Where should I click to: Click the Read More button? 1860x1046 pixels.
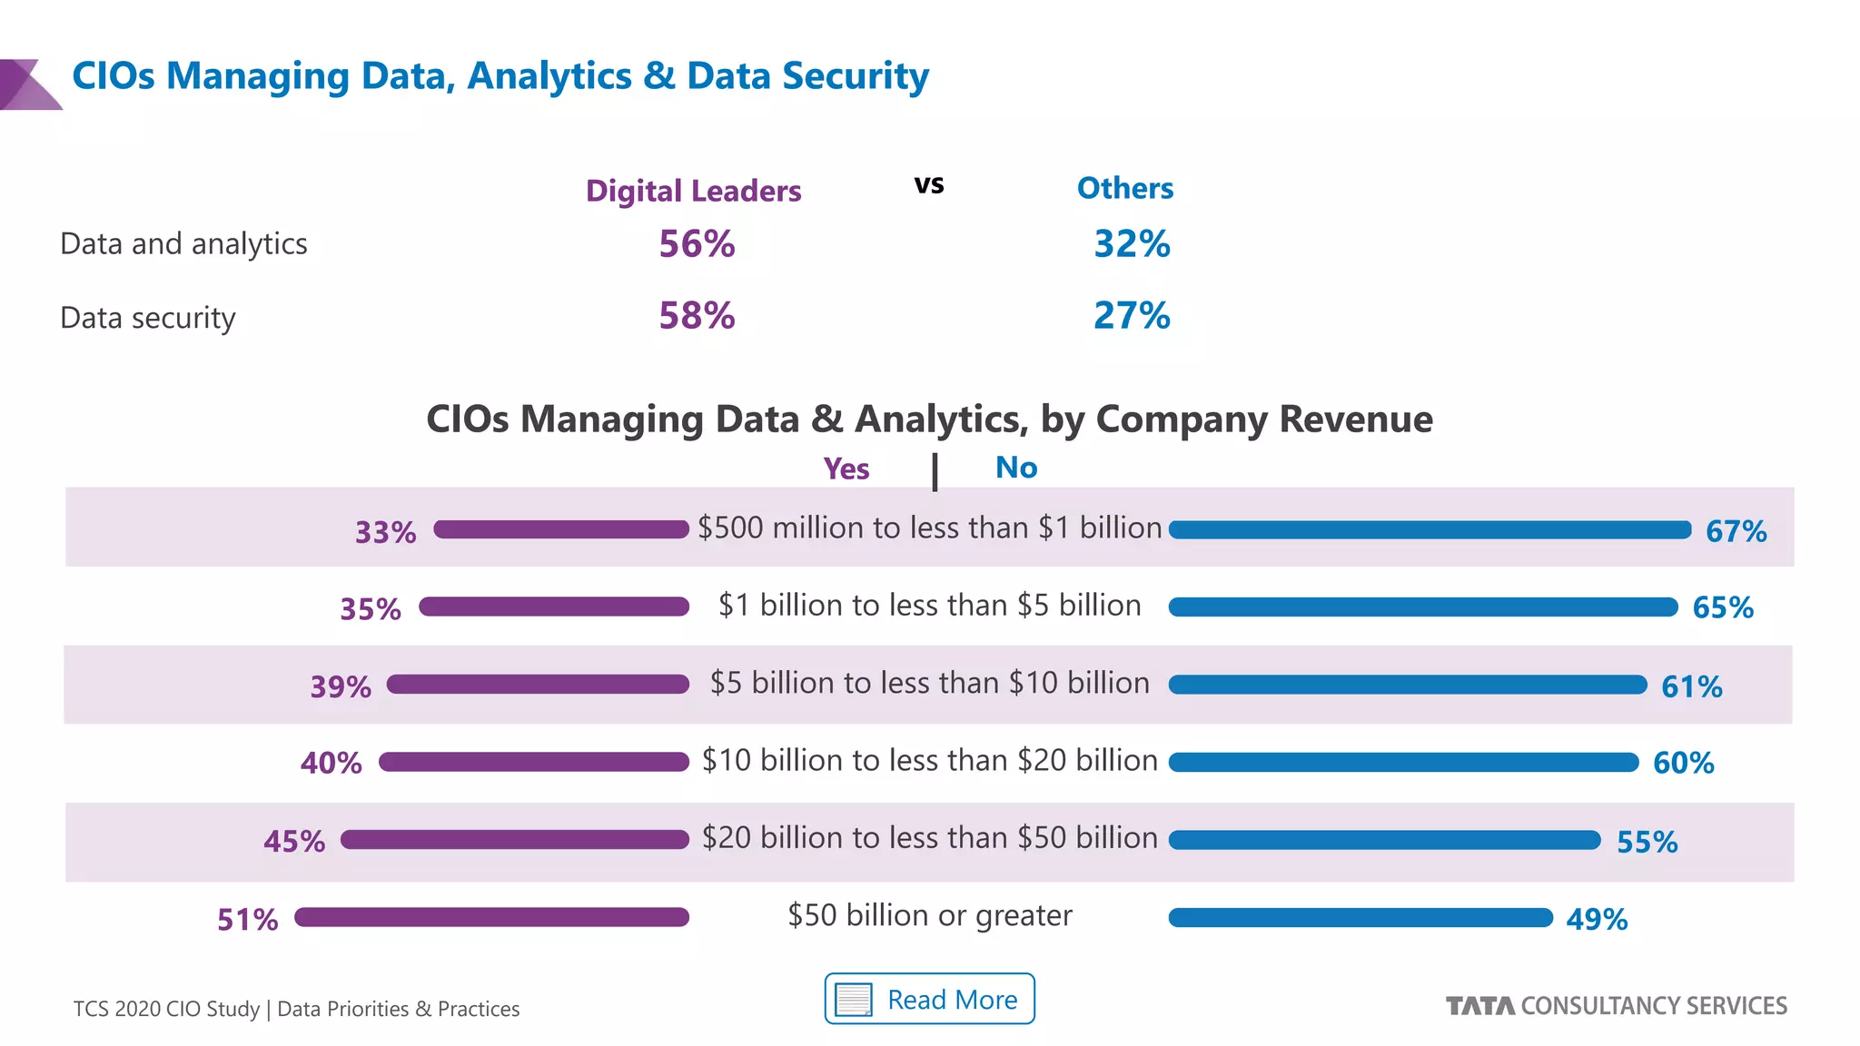(929, 999)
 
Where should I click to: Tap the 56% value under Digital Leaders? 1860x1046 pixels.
(697, 243)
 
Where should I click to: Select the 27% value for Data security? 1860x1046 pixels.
(1132, 315)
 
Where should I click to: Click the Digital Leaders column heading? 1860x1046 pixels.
(693, 191)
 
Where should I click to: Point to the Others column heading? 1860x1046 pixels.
(1124, 188)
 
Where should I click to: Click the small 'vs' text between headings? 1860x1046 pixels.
(929, 184)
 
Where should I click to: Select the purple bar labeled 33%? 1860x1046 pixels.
(561, 529)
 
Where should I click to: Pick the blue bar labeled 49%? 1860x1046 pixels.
(1360, 918)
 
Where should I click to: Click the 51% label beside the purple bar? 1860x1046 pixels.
(247, 919)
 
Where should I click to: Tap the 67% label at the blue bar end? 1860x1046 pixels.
(1736, 531)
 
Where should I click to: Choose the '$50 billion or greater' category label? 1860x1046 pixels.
(929, 915)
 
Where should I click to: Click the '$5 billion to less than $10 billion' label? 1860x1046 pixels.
(929, 683)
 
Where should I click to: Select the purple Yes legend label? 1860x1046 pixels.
(846, 469)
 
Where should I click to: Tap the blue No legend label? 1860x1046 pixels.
(1015, 468)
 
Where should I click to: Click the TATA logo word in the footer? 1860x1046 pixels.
(1479, 1006)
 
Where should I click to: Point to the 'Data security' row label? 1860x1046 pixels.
(147, 318)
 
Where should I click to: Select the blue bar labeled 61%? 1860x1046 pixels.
(1407, 685)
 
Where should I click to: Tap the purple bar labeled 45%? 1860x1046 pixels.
(515, 840)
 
